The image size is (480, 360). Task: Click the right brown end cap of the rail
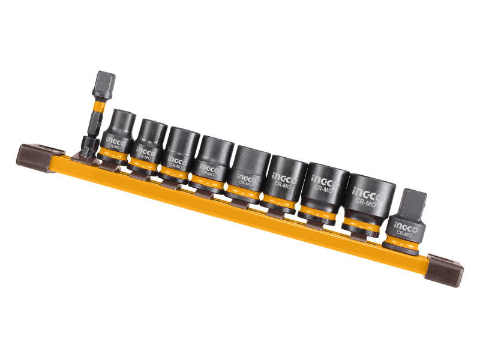[444, 269]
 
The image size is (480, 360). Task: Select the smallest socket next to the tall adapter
[118, 134]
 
